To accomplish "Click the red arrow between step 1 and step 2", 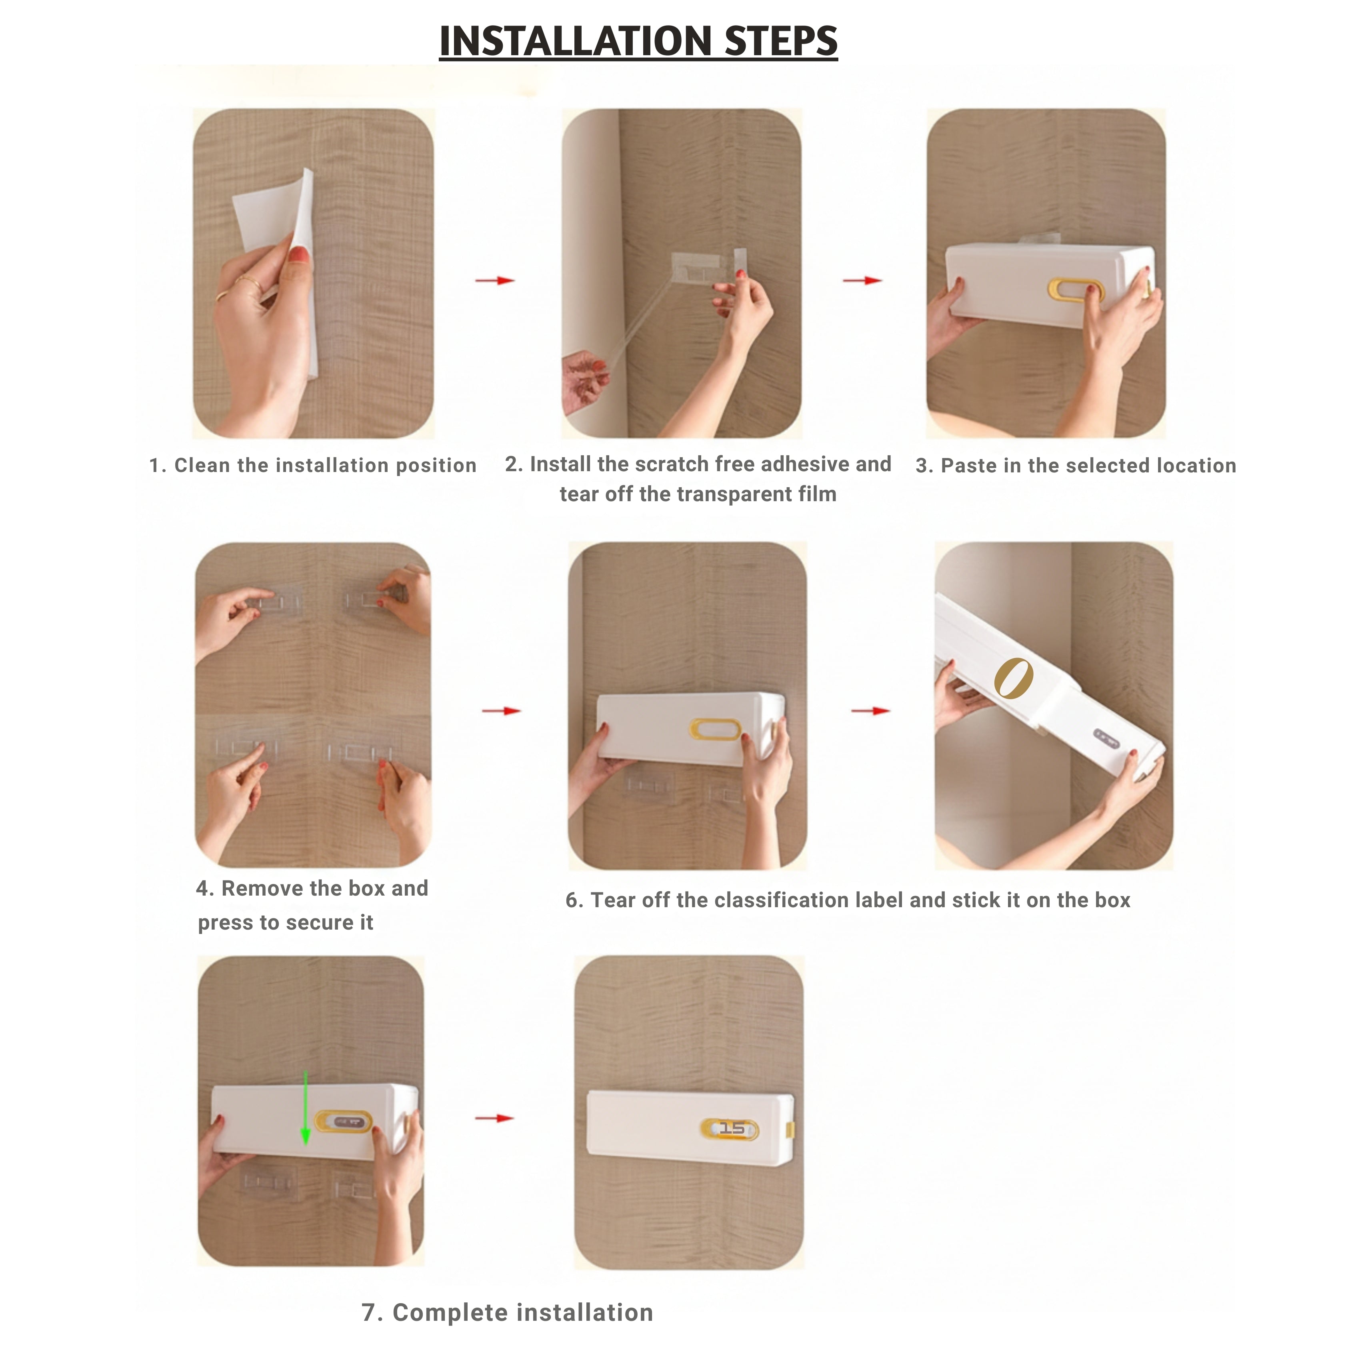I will click(495, 280).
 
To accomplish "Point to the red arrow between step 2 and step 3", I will click(862, 280).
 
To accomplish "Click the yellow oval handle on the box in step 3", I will click(1075, 290).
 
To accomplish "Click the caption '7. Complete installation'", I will click(507, 1312).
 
